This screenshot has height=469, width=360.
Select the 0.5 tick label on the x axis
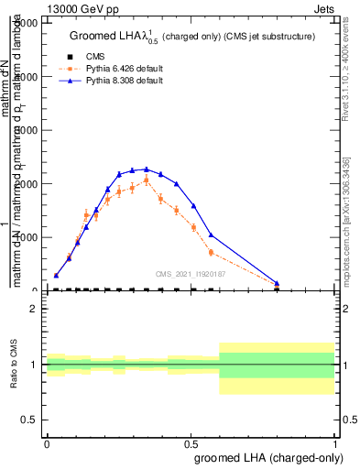(191, 443)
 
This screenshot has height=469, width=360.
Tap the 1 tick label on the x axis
(335, 443)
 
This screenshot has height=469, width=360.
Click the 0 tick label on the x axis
(47, 443)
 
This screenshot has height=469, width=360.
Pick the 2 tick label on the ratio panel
(34, 310)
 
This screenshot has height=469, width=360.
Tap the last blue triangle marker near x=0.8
(277, 283)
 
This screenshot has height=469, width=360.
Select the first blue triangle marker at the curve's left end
(57, 275)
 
